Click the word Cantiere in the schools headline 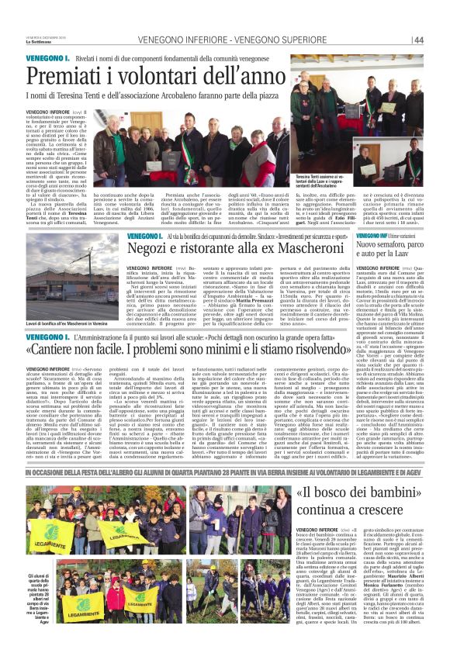point(85,350)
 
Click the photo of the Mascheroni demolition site point(78,276)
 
